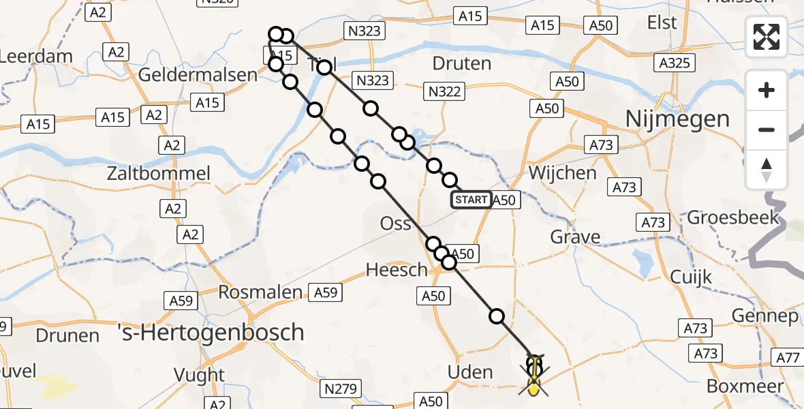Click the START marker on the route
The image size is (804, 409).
click(470, 200)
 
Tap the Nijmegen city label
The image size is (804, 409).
click(677, 119)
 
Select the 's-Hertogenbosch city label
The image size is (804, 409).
click(229, 333)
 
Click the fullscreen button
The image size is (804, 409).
click(767, 37)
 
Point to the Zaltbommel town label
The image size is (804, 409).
click(159, 173)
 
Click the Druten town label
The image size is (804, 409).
click(461, 64)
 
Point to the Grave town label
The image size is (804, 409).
click(576, 237)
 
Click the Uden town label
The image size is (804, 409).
click(470, 372)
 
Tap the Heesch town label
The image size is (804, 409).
click(397, 270)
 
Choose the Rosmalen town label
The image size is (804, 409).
click(260, 292)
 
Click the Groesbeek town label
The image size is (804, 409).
click(732, 217)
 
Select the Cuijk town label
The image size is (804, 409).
click(690, 277)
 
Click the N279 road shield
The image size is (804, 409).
click(341, 389)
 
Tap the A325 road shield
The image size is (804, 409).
click(675, 64)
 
